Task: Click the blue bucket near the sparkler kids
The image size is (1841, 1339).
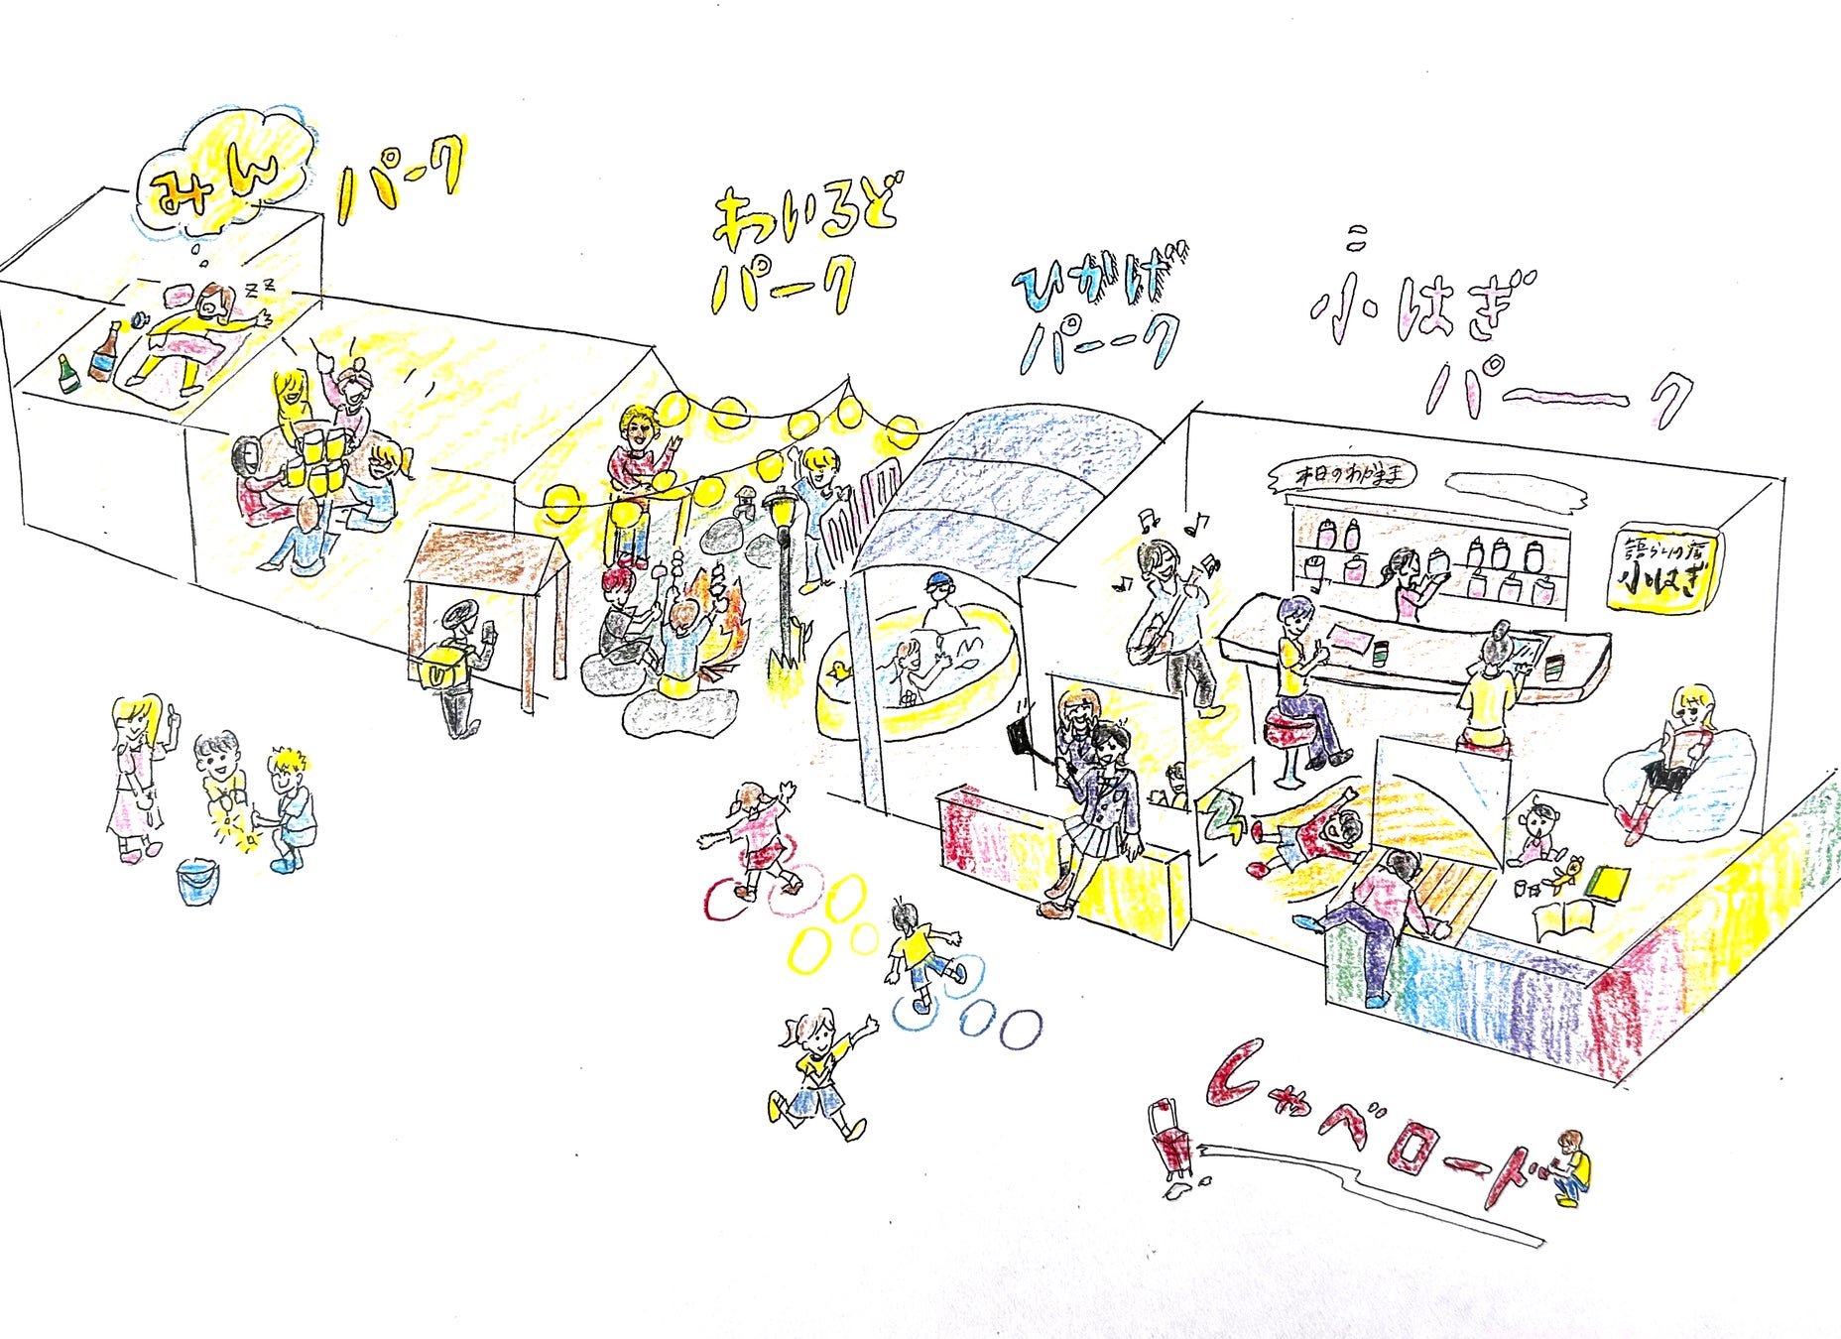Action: (x=198, y=881)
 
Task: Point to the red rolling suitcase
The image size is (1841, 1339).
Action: (x=1172, y=1141)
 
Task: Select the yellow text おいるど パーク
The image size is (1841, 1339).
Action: (x=794, y=248)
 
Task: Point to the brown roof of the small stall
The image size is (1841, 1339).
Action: (x=486, y=561)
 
